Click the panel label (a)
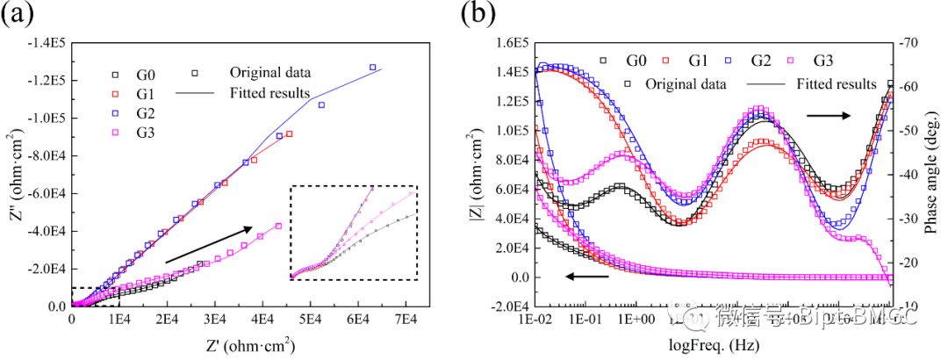click(20, 17)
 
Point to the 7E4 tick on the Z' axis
click(406, 320)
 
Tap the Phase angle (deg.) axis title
click(932, 174)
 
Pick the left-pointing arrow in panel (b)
click(586, 277)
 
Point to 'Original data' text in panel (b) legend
click(686, 84)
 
